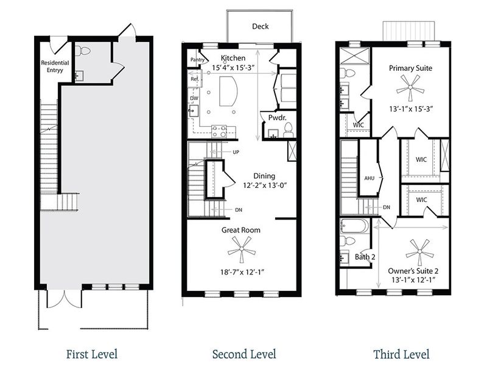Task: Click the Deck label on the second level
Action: click(x=260, y=26)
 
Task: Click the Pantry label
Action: click(x=197, y=60)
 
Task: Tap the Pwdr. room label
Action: click(x=270, y=117)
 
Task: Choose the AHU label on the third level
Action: click(x=368, y=178)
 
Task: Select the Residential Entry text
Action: click(x=54, y=66)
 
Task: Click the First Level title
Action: click(x=91, y=354)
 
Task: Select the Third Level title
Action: click(x=402, y=354)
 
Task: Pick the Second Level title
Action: click(x=243, y=354)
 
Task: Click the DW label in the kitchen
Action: click(x=194, y=98)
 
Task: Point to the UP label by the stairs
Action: click(x=235, y=152)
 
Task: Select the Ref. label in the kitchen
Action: click(x=195, y=79)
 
